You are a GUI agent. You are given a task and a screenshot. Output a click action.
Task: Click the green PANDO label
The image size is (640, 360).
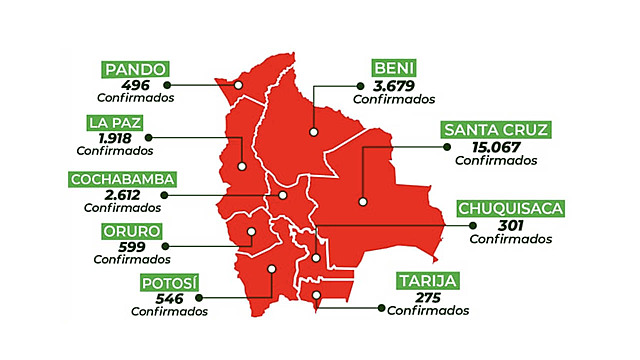point(134,69)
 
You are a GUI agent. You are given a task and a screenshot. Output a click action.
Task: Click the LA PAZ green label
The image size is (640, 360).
point(110,124)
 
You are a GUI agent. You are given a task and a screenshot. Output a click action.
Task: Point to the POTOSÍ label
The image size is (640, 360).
point(167,283)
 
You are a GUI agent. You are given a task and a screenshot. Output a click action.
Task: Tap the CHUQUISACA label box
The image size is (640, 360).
point(511,209)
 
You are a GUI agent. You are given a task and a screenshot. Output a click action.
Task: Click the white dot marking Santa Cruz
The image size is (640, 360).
point(364,201)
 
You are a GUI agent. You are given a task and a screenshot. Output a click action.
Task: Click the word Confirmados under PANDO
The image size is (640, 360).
point(135,98)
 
